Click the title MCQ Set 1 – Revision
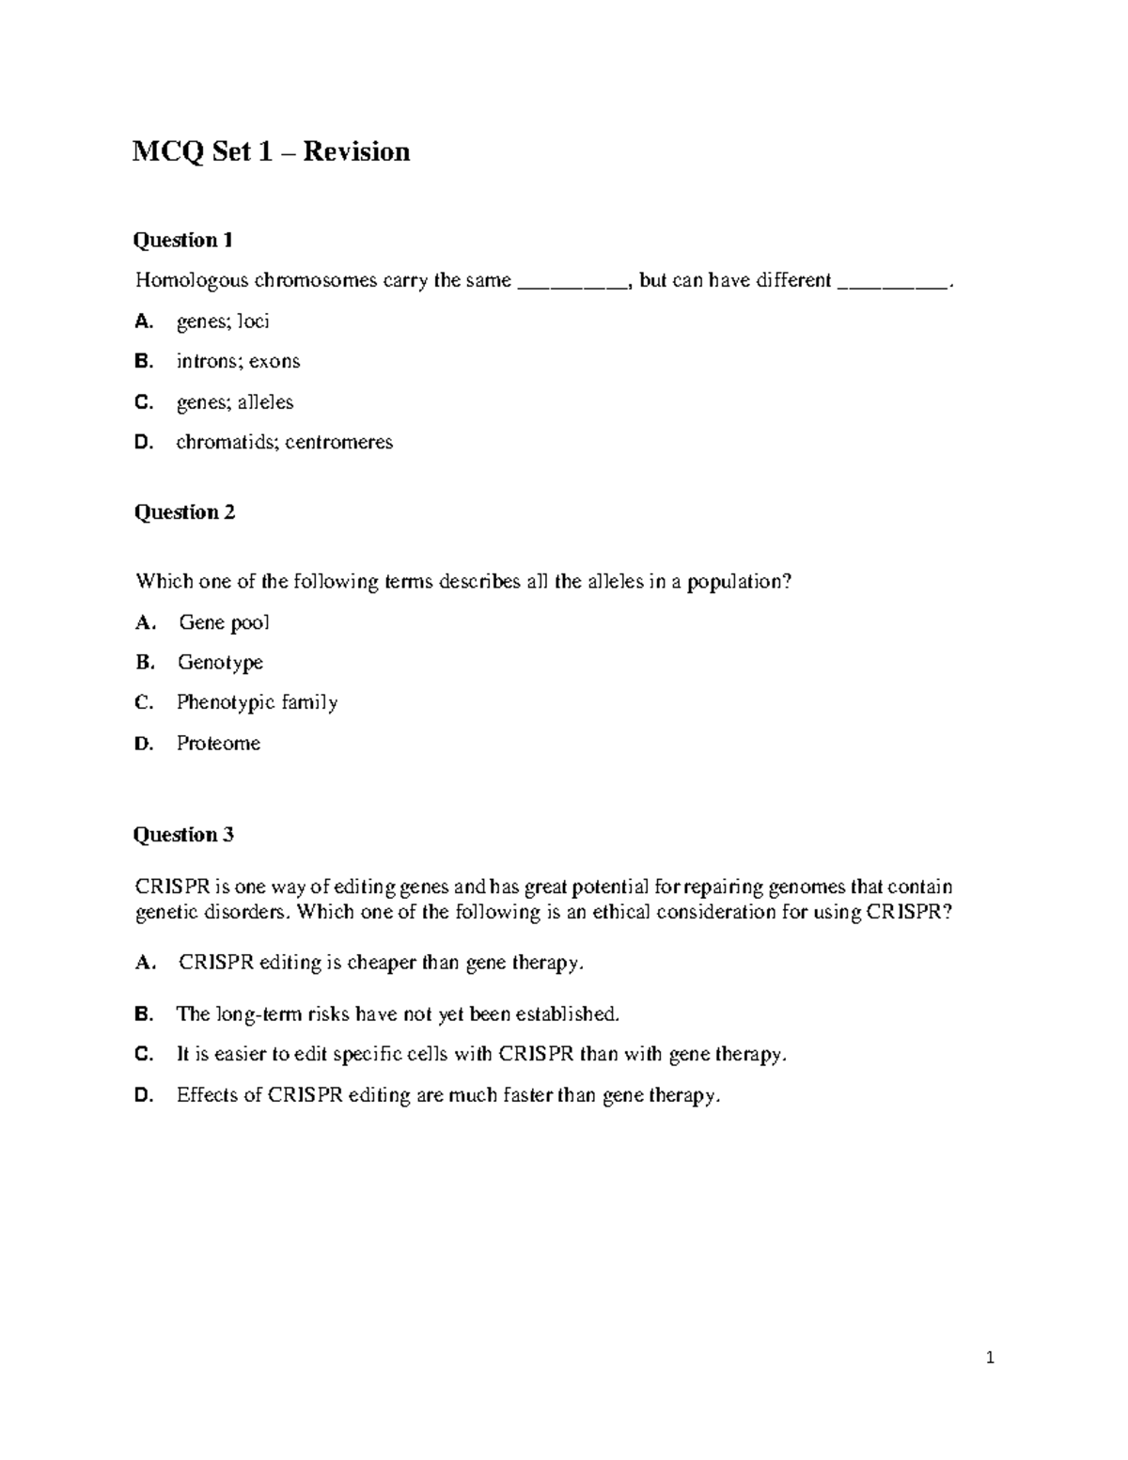tap(271, 151)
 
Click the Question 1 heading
tap(182, 240)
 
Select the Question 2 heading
tap(184, 512)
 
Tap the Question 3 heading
tap(183, 835)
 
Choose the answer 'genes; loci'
tap(223, 322)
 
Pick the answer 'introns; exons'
tap(238, 361)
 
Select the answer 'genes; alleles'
tap(235, 402)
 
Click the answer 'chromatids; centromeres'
tap(284, 442)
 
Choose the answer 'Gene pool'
tap(224, 622)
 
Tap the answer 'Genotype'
tap(220, 663)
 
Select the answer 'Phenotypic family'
tap(257, 702)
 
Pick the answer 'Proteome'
tap(218, 744)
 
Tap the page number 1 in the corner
tap(990, 1358)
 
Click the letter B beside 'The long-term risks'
tap(143, 1014)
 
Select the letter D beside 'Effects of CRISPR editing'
tap(143, 1095)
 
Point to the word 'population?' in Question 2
tap(740, 582)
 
